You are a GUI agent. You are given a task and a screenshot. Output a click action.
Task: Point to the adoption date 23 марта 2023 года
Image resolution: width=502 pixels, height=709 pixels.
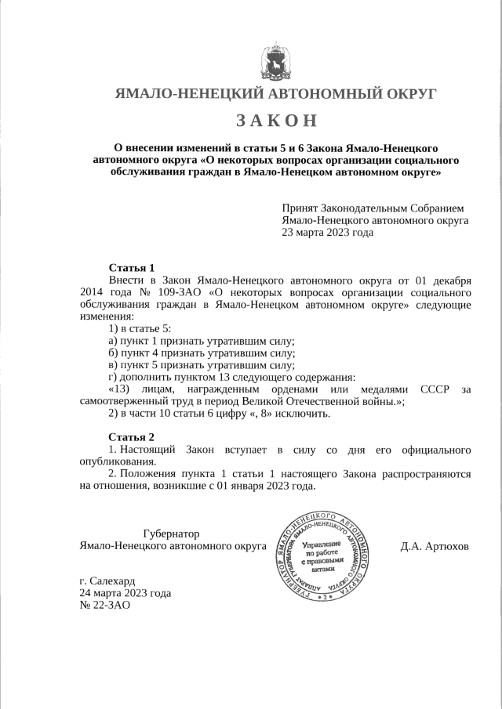(x=327, y=233)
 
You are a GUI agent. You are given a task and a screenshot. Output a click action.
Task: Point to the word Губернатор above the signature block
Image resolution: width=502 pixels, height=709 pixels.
(x=172, y=533)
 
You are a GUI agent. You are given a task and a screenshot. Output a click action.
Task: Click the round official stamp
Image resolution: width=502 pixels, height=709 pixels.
(x=321, y=556)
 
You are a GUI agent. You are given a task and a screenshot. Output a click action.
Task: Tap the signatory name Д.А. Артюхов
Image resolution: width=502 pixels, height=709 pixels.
(x=435, y=545)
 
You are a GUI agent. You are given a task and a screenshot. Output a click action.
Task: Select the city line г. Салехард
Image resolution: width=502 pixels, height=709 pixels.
(x=107, y=581)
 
